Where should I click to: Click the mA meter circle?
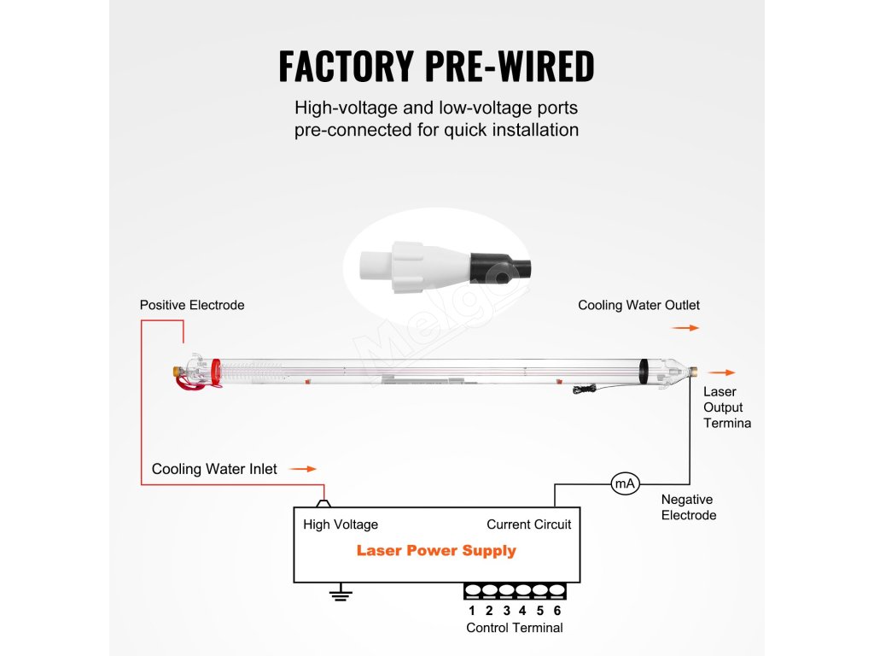(625, 484)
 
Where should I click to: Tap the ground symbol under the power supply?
(341, 594)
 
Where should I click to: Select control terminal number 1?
(472, 591)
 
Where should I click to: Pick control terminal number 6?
(557, 591)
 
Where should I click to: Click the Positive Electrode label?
(192, 305)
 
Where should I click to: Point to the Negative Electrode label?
(688, 507)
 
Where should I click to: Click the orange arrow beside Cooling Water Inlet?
(302, 469)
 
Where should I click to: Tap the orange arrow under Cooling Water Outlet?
(685, 327)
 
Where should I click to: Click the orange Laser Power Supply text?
(436, 550)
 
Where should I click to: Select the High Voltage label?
(341, 524)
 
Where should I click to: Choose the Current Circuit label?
(528, 524)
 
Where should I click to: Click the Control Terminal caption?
(514, 628)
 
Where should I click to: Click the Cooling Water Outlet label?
(638, 305)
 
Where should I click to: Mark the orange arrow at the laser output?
(721, 372)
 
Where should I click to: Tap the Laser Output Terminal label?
(726, 407)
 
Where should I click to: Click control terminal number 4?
(523, 591)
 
